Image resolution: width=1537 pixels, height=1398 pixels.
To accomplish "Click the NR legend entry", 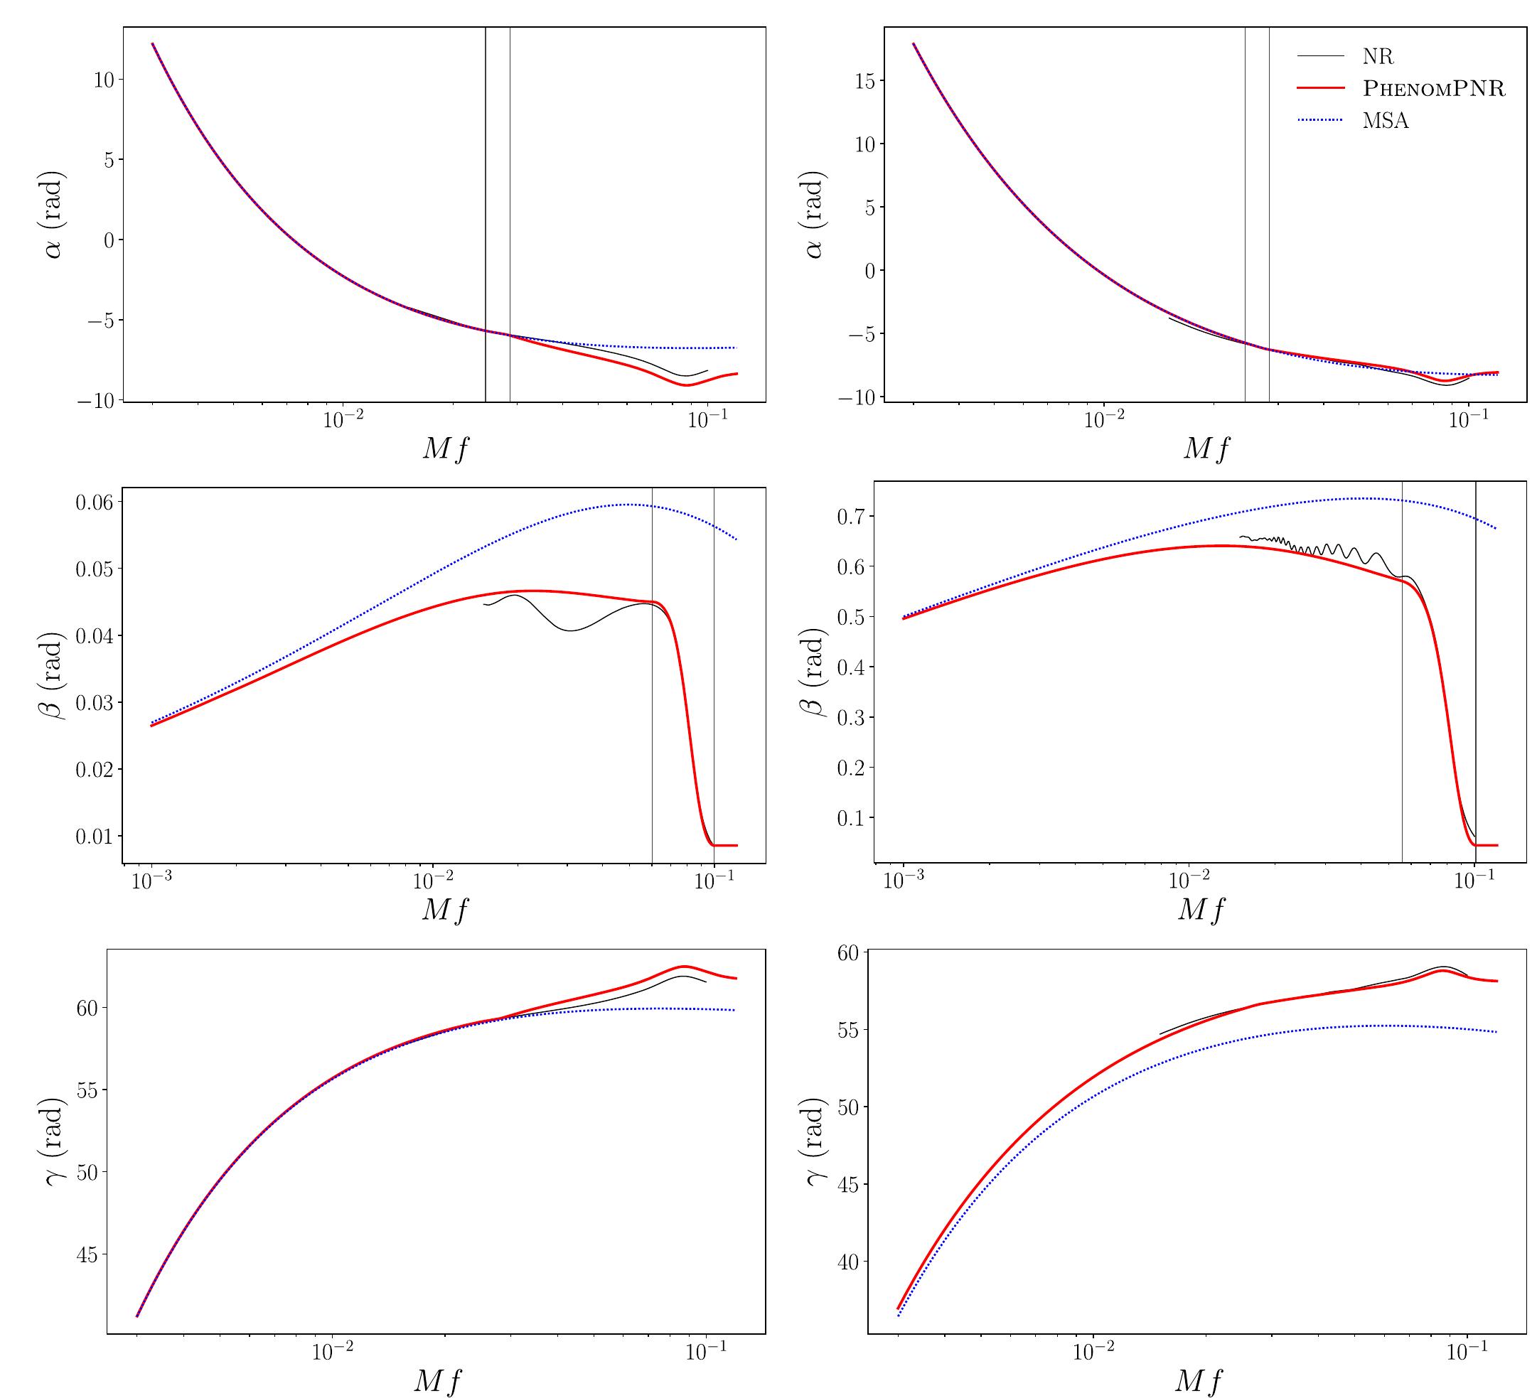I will [x=1378, y=56].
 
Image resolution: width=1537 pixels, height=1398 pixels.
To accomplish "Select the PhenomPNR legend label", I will [x=1433, y=89].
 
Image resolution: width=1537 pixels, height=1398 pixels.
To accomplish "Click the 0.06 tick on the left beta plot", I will [x=95, y=502].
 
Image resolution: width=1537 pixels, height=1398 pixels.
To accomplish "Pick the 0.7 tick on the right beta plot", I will [x=854, y=516].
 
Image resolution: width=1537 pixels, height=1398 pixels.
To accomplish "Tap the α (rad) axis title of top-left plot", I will [x=53, y=214].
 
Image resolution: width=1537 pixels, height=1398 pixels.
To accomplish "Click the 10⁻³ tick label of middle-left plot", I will [x=152, y=883].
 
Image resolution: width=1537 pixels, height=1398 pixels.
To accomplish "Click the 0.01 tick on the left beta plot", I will [x=95, y=837].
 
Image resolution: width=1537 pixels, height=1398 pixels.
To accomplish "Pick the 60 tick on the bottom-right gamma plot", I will [x=849, y=952].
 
